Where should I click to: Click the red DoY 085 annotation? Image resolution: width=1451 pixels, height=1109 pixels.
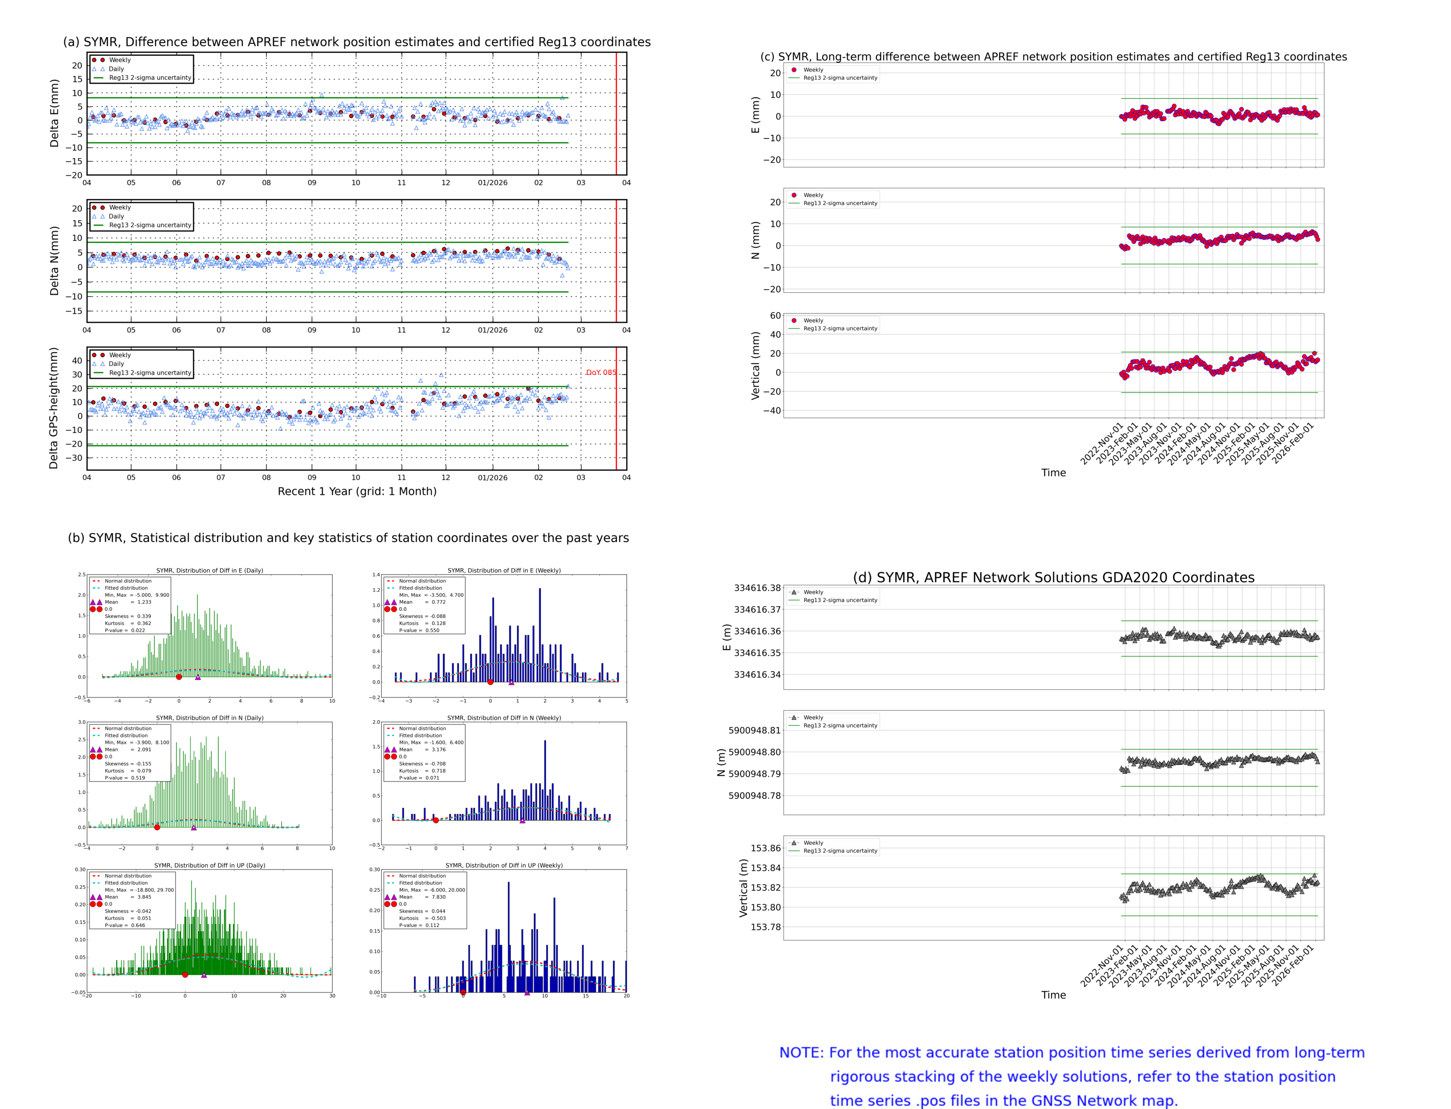pyautogui.click(x=600, y=372)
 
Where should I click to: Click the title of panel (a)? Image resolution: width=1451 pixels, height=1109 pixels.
pyautogui.click(x=356, y=42)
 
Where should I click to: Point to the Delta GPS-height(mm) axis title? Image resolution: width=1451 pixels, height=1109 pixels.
pyautogui.click(x=54, y=408)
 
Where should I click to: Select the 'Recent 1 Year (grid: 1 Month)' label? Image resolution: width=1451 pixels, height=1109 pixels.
pyautogui.click(x=356, y=491)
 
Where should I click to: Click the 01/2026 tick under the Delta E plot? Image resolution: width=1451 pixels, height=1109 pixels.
pyautogui.click(x=492, y=183)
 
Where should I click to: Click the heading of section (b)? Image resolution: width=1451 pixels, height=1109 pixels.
pyautogui.click(x=348, y=538)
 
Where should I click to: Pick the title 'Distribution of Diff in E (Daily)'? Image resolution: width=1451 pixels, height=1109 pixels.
pyautogui.click(x=209, y=570)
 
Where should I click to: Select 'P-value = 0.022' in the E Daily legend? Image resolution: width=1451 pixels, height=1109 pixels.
pyautogui.click(x=125, y=630)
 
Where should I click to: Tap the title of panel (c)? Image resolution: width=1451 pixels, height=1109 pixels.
pyautogui.click(x=1053, y=57)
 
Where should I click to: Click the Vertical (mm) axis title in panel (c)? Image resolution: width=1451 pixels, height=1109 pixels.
pyautogui.click(x=755, y=365)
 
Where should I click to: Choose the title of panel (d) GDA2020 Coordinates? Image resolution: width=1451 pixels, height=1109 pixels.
pyautogui.click(x=1053, y=577)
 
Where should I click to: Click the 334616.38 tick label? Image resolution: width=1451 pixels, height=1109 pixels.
pyautogui.click(x=757, y=588)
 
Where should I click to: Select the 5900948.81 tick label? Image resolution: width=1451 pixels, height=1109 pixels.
pyautogui.click(x=754, y=730)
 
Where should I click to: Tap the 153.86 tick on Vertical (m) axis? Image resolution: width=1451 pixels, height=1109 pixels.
pyautogui.click(x=765, y=848)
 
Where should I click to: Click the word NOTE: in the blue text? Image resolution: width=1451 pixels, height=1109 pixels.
pyautogui.click(x=801, y=1053)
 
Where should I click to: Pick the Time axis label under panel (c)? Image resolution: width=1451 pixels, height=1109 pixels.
pyautogui.click(x=1053, y=473)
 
